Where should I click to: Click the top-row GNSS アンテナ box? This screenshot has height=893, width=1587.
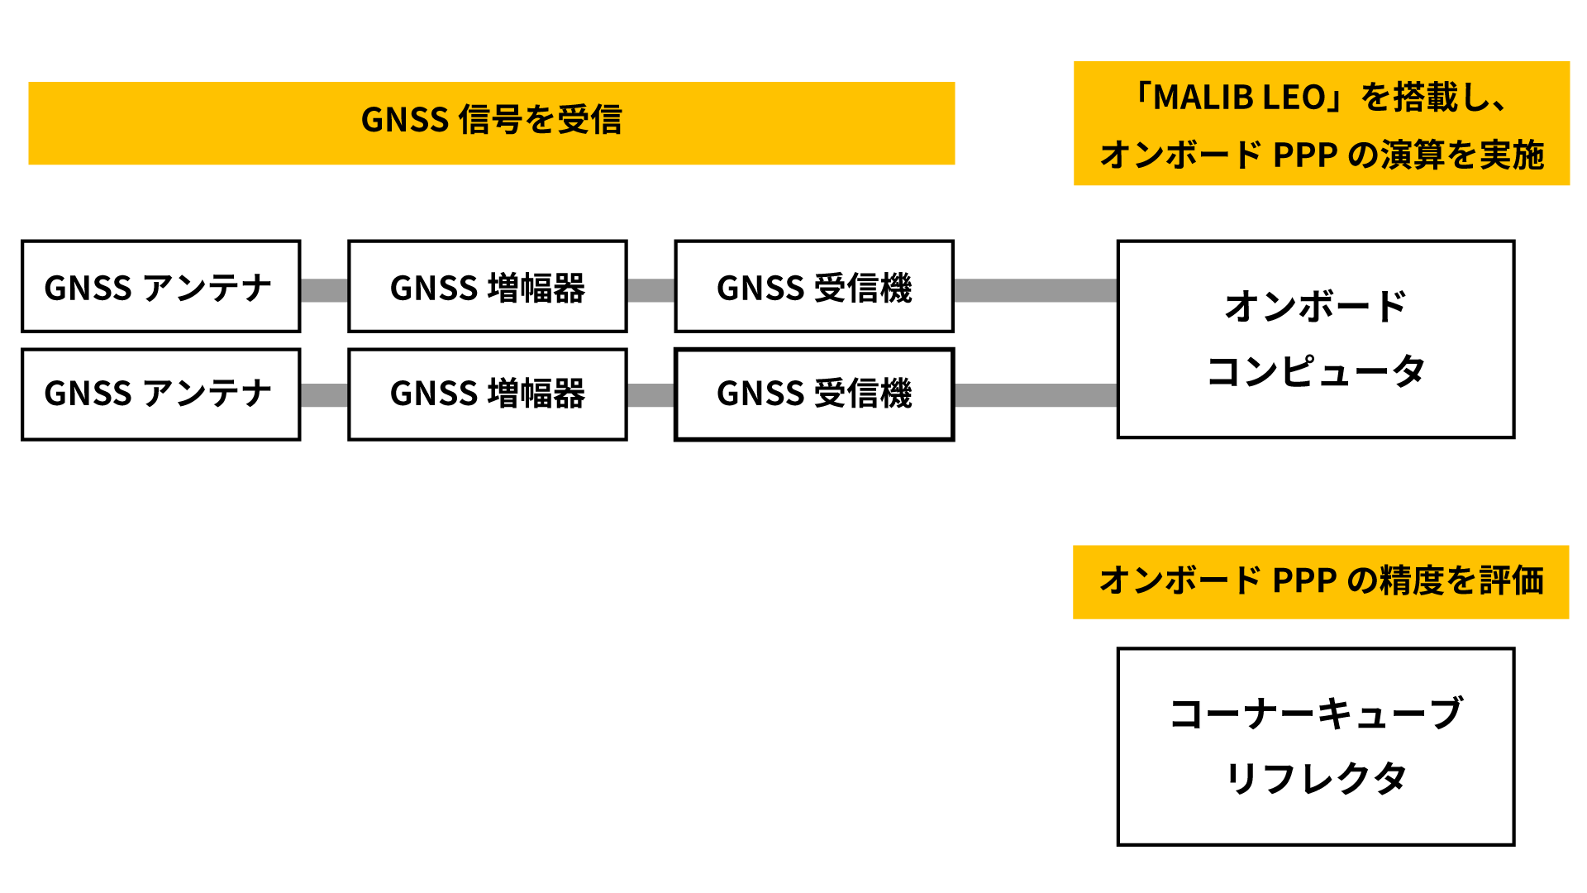tap(160, 286)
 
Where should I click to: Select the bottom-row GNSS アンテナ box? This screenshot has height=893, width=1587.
tap(160, 394)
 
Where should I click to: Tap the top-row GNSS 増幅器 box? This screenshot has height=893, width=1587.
tap(488, 286)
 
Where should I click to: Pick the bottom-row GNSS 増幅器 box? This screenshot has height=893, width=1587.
tap(488, 394)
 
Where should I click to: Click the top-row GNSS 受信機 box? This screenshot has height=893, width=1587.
tap(814, 286)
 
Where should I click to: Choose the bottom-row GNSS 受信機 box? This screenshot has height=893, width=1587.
tap(814, 394)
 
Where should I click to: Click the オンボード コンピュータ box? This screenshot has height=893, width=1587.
tap(1316, 339)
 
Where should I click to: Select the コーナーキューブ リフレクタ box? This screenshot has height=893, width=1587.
tap(1316, 747)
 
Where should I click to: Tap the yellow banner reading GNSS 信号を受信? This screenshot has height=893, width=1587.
tap(492, 123)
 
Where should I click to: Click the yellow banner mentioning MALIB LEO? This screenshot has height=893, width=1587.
tap(1322, 123)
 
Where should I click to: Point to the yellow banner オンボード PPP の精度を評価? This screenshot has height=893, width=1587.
tap(1321, 582)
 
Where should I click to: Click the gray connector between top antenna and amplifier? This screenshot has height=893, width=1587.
tap(324, 290)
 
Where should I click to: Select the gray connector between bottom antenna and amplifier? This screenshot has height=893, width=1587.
tap(324, 395)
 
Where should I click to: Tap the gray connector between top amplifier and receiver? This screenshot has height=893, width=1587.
tap(651, 290)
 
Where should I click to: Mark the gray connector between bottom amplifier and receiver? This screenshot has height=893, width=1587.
tap(651, 395)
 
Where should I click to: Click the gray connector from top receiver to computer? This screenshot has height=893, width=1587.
tap(1036, 290)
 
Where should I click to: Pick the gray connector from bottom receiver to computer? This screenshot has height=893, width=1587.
tap(1036, 395)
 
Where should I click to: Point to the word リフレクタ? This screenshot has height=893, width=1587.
tap(1316, 778)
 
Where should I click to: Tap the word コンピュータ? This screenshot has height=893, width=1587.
tap(1316, 371)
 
